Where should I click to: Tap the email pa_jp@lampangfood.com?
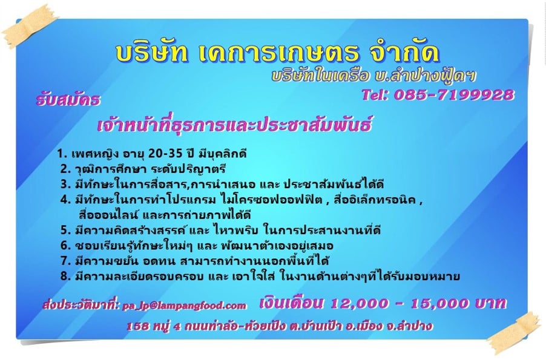click(185, 306)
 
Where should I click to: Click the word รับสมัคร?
click(68, 100)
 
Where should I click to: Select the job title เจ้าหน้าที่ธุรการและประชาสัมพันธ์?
click(234, 125)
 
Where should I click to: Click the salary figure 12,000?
click(359, 304)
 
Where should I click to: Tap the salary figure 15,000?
click(439, 304)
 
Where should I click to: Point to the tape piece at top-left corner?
click(29, 27)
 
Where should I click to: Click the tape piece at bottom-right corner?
click(515, 333)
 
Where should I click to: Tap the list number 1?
click(62, 154)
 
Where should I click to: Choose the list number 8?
click(65, 276)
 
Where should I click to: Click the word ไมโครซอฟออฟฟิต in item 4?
click(272, 200)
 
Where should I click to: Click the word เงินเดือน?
click(291, 303)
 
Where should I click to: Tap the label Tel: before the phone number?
click(375, 95)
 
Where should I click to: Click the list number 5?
click(65, 230)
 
